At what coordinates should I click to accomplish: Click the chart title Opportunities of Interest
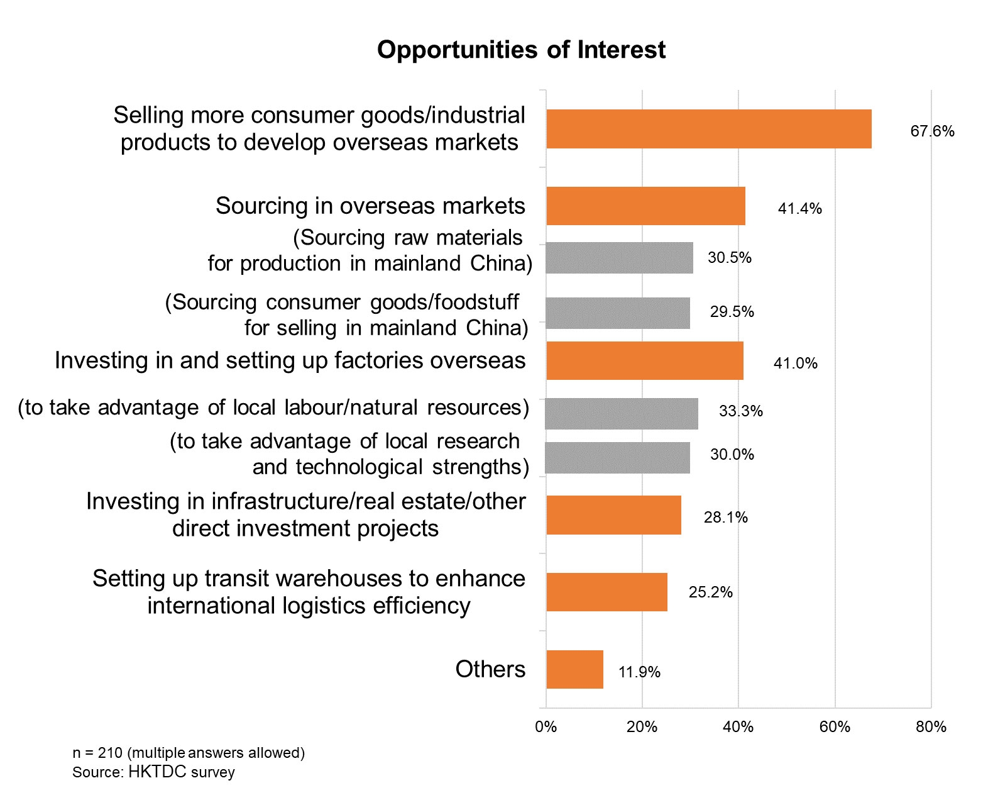pos(521,50)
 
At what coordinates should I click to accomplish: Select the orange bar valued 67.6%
pos(708,129)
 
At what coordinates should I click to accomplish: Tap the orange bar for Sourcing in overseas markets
pos(645,206)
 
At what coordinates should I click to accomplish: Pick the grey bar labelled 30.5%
pos(619,258)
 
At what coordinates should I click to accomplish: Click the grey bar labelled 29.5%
pos(618,313)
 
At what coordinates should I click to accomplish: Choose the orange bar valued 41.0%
pos(644,360)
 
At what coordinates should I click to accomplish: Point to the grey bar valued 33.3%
pos(622,413)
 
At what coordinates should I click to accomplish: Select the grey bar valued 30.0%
pos(618,457)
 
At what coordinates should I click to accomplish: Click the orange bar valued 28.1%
pos(613,515)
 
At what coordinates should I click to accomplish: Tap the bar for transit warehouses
pos(606,592)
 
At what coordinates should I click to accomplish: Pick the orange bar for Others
pos(574,669)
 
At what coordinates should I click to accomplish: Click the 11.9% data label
pos(639,672)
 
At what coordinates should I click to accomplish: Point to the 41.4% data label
pos(799,209)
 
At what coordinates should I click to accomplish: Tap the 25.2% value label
pos(710,592)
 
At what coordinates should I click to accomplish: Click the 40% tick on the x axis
pos(738,727)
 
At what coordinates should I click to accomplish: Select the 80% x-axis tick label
pos(931,727)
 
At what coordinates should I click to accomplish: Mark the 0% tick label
pos(546,727)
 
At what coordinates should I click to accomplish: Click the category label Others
pos(490,669)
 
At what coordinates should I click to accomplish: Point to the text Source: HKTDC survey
pos(153,772)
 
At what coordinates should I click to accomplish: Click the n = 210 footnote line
pos(189,753)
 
